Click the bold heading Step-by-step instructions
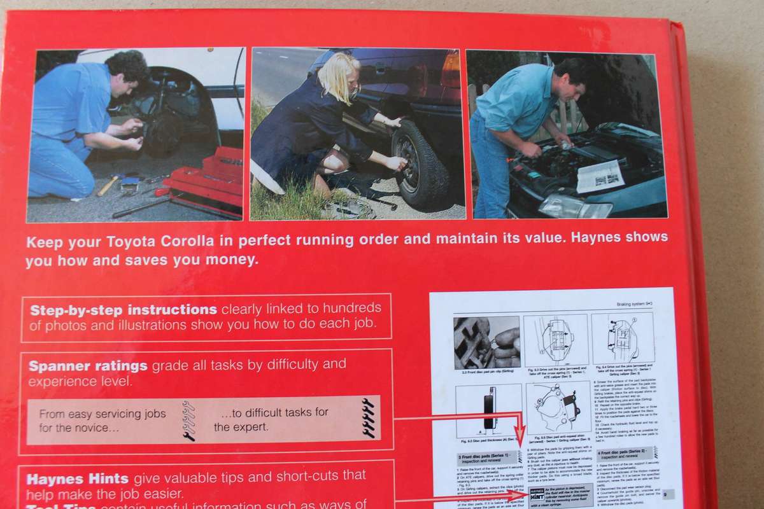[124, 310]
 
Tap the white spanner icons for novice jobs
[188, 421]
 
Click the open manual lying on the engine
[600, 176]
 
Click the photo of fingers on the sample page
[486, 341]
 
